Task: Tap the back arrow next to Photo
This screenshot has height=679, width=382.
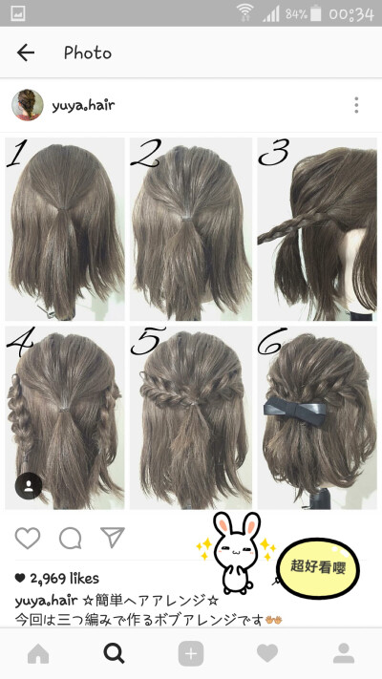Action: click(26, 53)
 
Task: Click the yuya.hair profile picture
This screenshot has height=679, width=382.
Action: click(28, 105)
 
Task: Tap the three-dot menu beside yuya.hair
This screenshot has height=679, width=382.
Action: click(356, 105)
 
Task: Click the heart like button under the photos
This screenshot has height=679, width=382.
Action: click(28, 539)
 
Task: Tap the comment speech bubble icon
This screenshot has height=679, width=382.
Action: click(70, 539)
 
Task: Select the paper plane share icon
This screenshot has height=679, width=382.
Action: click(113, 538)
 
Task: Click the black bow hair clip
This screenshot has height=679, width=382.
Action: click(295, 411)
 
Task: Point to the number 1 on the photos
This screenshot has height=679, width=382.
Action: click(15, 153)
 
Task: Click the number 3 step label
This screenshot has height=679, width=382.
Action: click(273, 153)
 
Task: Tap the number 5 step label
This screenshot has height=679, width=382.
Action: click(148, 341)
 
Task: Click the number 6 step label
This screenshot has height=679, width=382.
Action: click(272, 340)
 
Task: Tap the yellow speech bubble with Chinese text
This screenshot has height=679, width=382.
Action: click(318, 567)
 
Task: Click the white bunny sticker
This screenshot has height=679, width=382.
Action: click(237, 553)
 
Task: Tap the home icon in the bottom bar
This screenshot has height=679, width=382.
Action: click(38, 653)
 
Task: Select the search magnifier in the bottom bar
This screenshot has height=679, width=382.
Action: click(115, 653)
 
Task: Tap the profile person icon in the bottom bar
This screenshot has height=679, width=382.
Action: click(344, 653)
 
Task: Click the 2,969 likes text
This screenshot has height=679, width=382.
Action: click(56, 578)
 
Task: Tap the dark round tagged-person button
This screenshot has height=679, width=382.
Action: click(29, 486)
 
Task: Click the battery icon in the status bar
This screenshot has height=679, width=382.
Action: click(316, 13)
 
